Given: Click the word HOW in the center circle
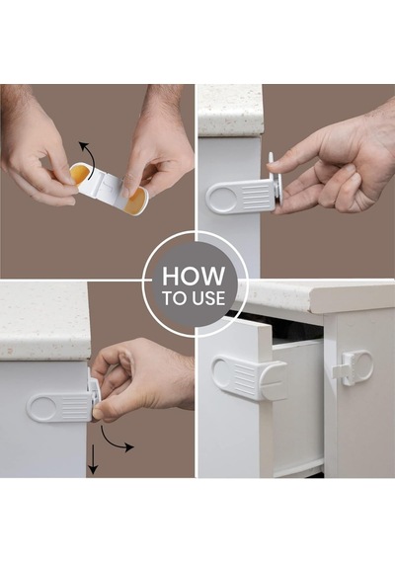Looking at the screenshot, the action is pos(194,277).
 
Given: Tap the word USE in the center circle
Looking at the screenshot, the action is pos(208,298).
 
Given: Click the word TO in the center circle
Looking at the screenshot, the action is pos(175,298).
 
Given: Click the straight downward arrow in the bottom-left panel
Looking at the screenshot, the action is pos(93,459).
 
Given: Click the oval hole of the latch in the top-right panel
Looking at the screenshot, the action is pos(220,197).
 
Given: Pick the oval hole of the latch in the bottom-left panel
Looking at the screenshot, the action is pos(41,408).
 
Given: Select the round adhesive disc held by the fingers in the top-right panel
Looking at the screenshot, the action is pos(276,183).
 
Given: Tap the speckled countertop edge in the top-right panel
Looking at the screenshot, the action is pos(230,111).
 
